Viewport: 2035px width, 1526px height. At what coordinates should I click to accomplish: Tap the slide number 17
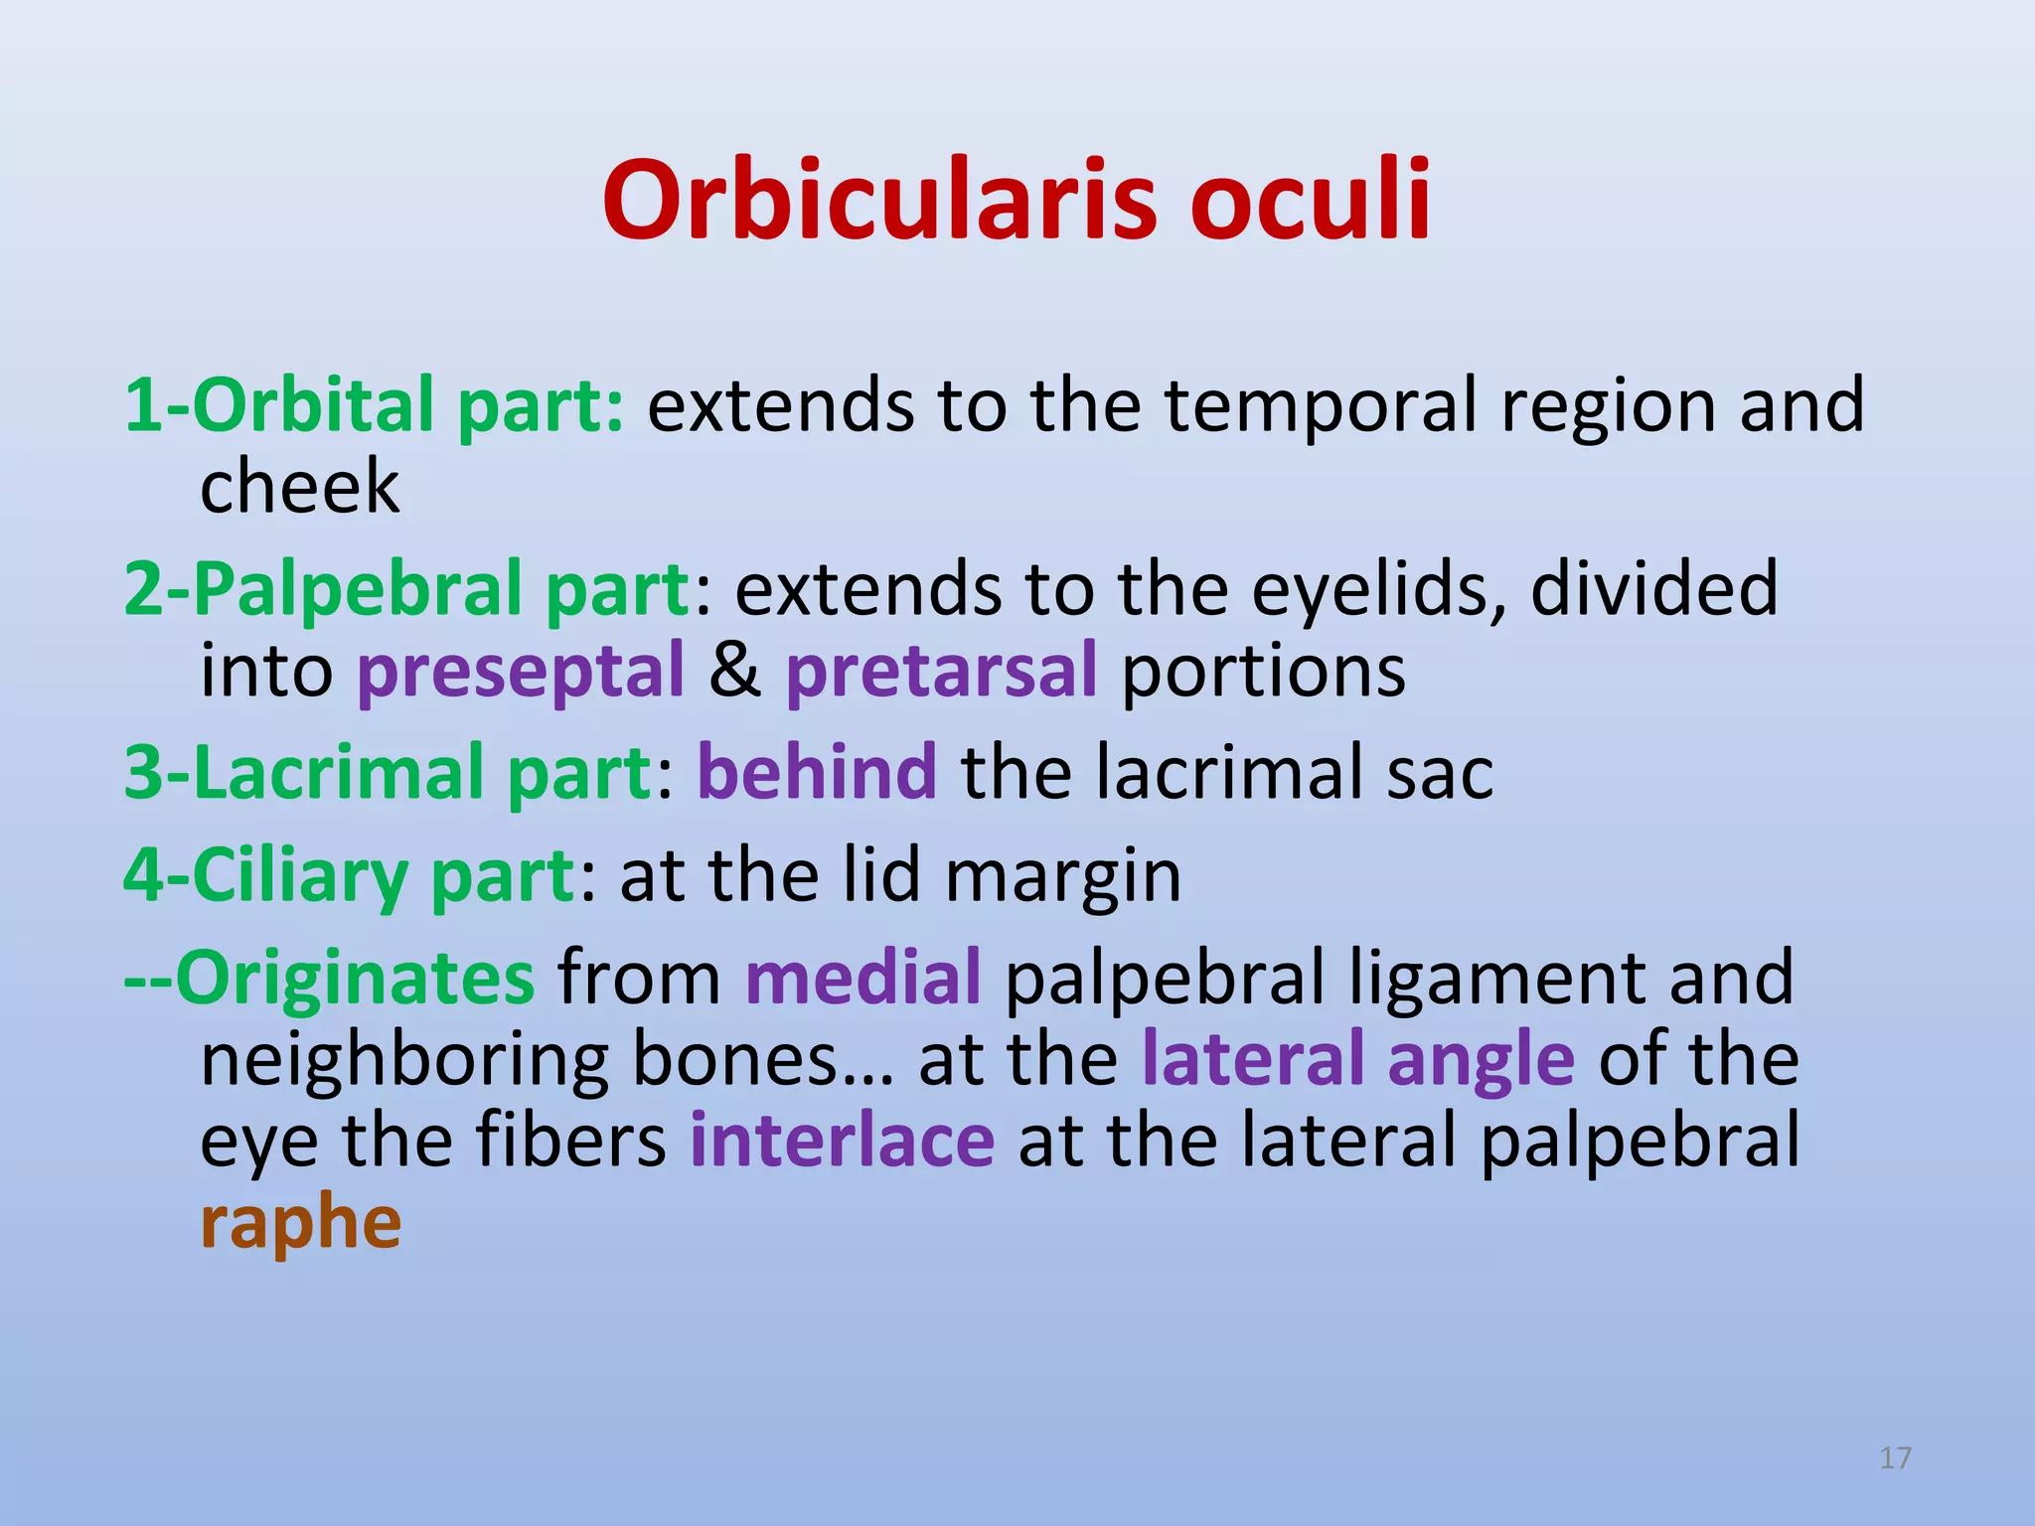point(1895,1457)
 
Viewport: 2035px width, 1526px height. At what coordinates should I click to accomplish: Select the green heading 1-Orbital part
point(374,407)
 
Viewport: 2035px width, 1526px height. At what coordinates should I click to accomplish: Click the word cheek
point(299,488)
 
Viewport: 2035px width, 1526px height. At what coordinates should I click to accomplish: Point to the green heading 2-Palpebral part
point(406,590)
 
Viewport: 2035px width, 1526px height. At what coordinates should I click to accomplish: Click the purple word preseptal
point(521,672)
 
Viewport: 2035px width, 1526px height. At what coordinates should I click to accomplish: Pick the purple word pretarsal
point(941,672)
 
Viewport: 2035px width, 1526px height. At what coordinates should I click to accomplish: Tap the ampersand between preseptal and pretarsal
point(734,672)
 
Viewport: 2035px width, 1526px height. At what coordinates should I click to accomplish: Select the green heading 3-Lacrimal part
point(388,774)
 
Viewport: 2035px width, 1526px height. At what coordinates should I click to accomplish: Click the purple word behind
point(817,774)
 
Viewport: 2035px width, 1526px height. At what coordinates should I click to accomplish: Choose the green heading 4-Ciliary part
point(349,877)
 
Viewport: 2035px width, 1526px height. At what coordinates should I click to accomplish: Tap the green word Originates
point(355,980)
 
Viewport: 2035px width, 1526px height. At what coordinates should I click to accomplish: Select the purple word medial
point(862,980)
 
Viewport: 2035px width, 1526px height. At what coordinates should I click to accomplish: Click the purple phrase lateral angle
point(1357,1061)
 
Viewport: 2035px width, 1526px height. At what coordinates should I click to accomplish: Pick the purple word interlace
point(842,1142)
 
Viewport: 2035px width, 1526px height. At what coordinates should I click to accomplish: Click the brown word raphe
point(300,1224)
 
